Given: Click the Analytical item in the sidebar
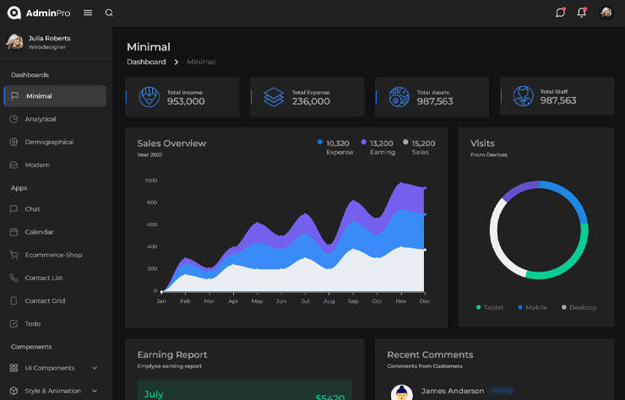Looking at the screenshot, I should coord(40,119).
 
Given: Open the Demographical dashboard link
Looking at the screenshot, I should coord(48,142).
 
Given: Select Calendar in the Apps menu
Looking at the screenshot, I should coord(39,232).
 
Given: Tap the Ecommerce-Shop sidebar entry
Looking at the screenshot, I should coord(53,255).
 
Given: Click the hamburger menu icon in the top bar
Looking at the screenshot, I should coord(88,13).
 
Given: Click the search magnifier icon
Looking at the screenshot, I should coord(109,13).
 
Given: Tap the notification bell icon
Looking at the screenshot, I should coord(581,13).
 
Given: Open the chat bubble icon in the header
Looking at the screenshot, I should coord(560,13).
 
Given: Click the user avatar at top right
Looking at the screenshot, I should coord(606,13).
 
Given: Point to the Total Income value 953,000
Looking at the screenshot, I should coord(186,101).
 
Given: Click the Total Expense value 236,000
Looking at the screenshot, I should coord(311,101).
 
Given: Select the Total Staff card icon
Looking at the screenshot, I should coord(523,96).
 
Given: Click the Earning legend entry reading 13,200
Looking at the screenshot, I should coord(382,143).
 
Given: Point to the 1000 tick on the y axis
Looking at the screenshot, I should coord(150,181).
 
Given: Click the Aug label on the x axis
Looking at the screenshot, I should coord(329,301).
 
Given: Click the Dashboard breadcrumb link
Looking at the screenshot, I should coord(146,62).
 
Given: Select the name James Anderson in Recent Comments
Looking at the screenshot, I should coord(452,391).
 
